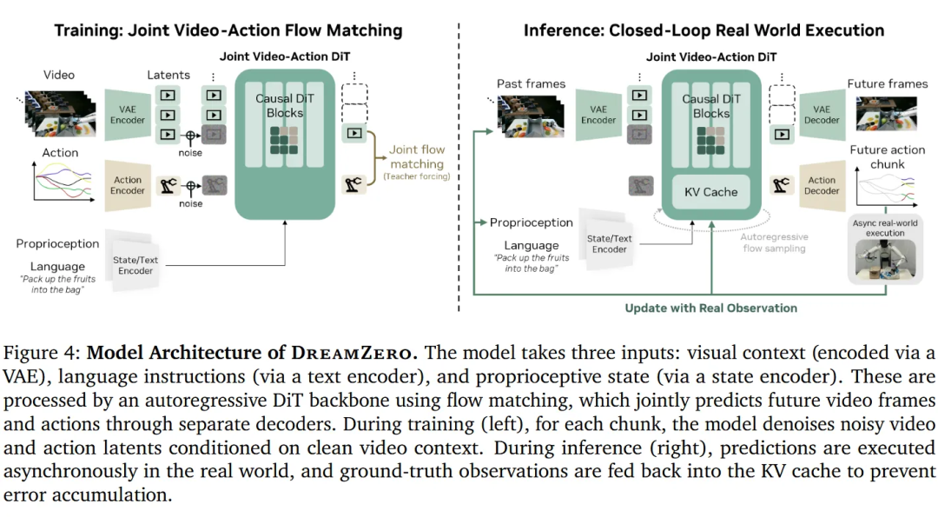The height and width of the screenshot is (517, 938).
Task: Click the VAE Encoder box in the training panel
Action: (127, 116)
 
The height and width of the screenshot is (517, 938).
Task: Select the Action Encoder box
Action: (128, 185)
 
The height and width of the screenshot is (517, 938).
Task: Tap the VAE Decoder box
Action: (821, 115)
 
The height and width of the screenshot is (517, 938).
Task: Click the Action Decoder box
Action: (821, 186)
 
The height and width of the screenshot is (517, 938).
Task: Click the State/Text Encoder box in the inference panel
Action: (609, 244)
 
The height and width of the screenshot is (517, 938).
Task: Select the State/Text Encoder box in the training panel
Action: (135, 265)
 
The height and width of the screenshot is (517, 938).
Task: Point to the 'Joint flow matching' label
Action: (417, 157)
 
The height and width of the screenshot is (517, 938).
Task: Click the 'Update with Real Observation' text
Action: (710, 308)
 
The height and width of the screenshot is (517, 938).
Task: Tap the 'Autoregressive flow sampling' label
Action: (774, 242)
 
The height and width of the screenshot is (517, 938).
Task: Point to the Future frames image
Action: (887, 113)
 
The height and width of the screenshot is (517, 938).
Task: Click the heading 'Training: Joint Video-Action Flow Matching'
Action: (228, 30)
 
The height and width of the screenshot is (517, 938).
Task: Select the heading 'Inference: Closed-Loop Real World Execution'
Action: (703, 30)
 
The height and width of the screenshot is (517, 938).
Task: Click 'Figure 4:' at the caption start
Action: (43, 354)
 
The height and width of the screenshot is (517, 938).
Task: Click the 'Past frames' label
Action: (531, 83)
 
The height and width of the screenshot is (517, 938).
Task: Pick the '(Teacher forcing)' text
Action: (417, 176)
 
